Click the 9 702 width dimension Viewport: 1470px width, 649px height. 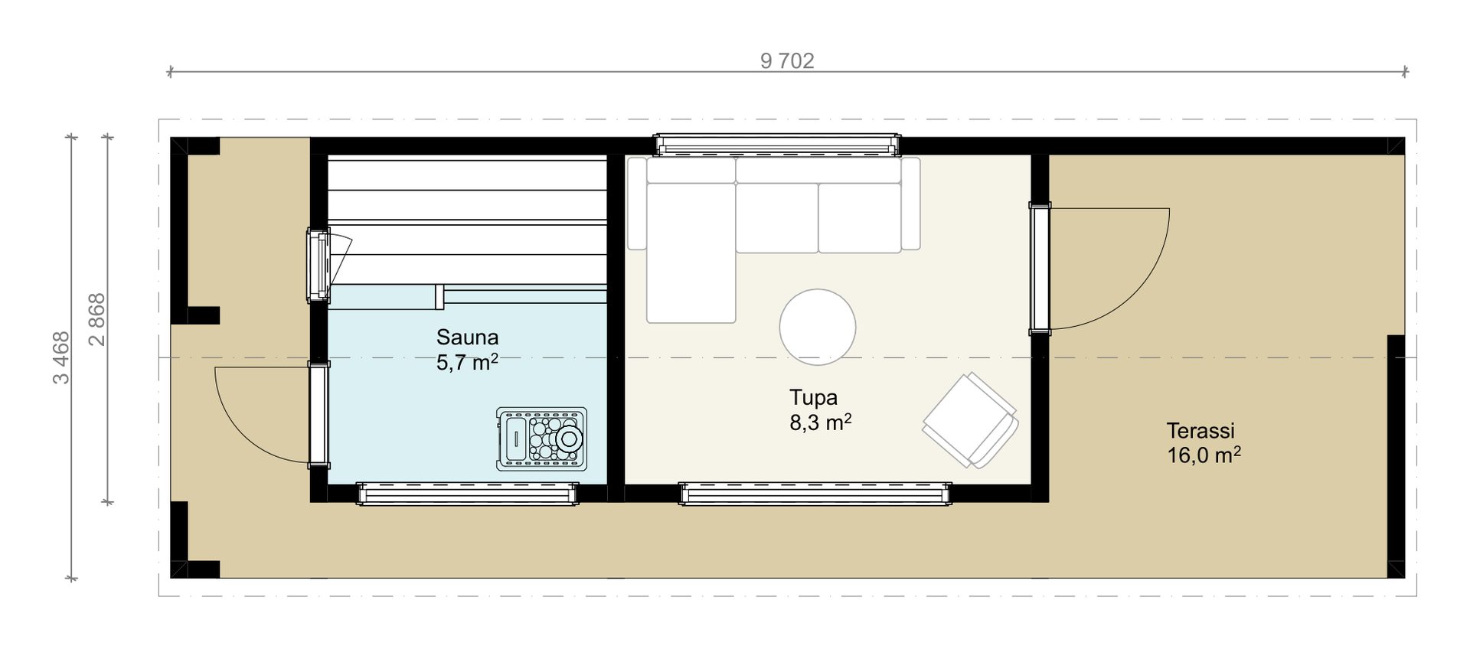787,60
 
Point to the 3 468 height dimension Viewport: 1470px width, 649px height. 60,357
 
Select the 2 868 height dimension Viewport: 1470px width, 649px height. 97,320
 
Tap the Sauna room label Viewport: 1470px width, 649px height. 467,337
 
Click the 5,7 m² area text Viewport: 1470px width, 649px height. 467,362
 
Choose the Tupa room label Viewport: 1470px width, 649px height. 813,397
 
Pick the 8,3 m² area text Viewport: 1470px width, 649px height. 821,422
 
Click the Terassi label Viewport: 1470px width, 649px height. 1200,430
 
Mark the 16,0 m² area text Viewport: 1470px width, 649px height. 1204,455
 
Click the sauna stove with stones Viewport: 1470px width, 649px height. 541,439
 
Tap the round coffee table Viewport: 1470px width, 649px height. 818,327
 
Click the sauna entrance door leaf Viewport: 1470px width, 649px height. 319,414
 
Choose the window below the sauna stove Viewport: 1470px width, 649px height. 467,494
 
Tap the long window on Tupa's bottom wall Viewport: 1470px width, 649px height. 816,494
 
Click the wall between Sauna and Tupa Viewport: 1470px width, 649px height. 616,319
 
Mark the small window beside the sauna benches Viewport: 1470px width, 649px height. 318,265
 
